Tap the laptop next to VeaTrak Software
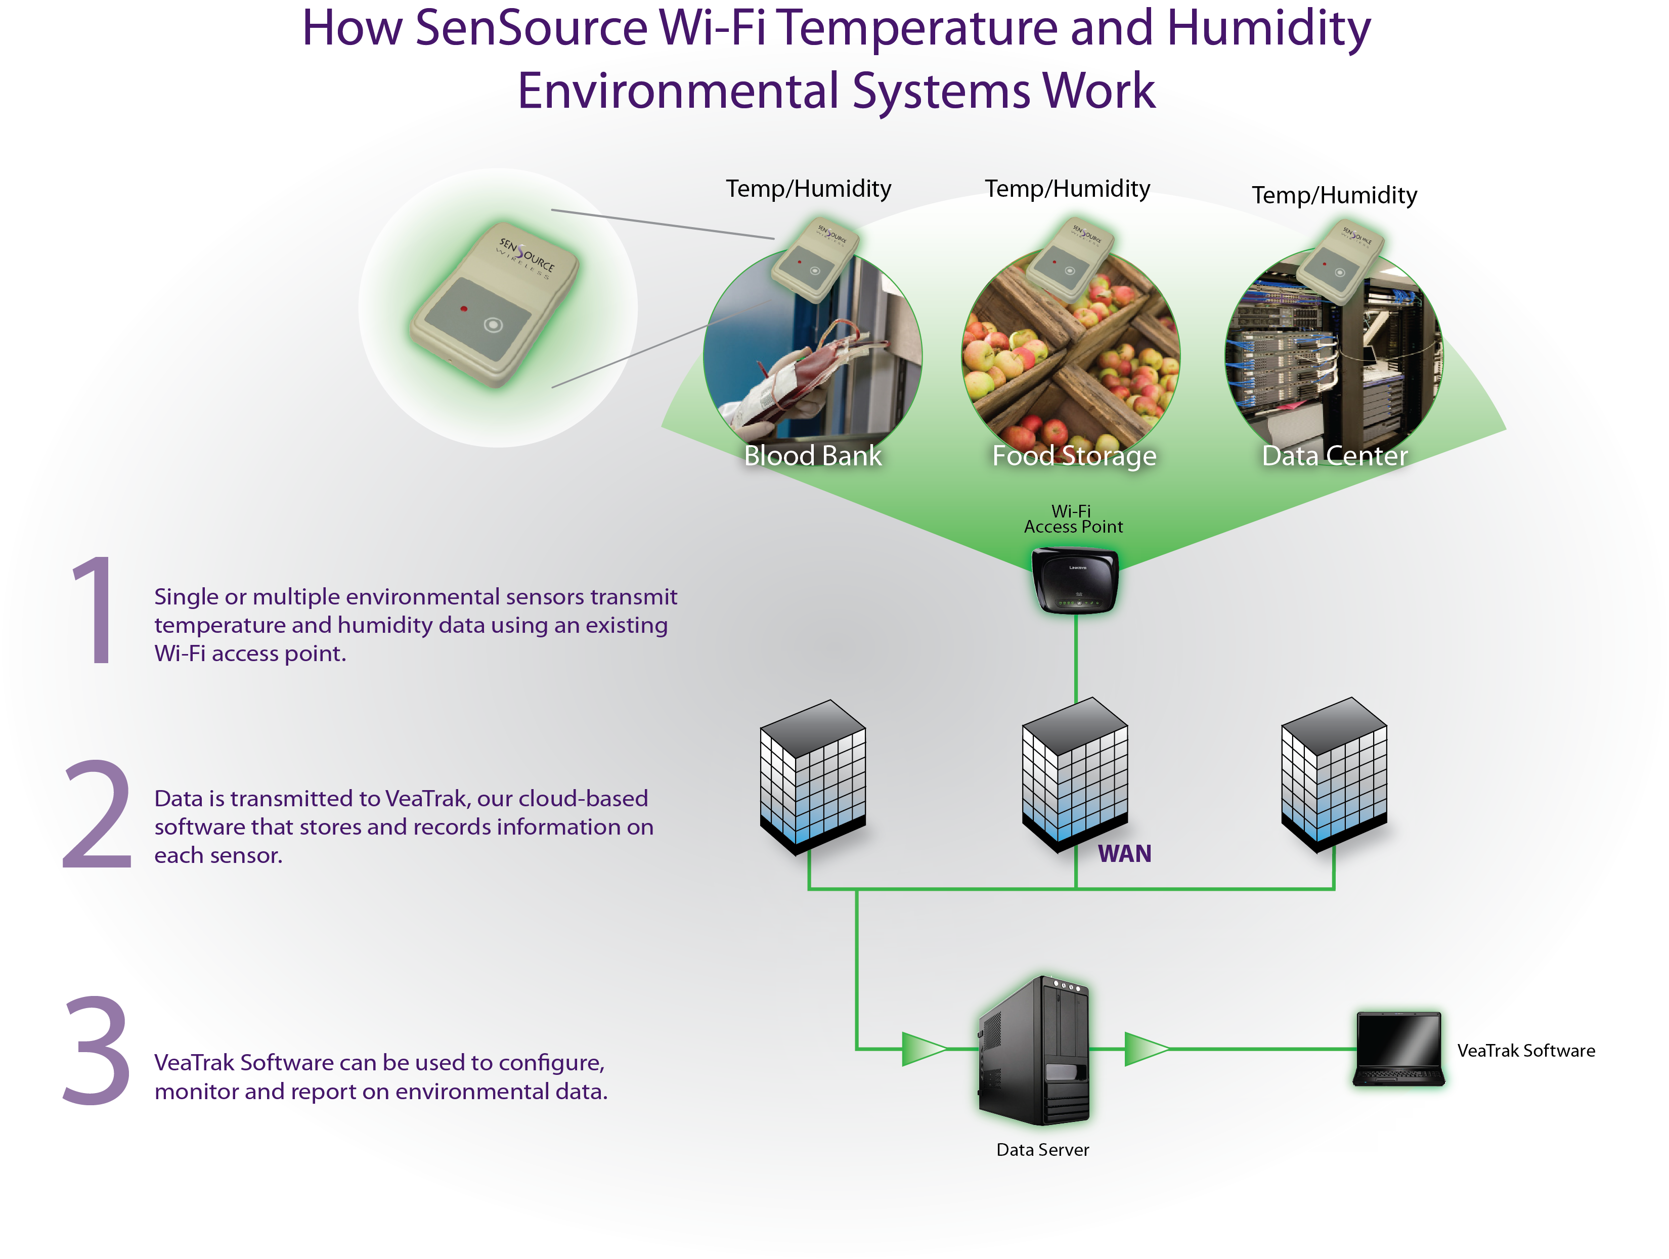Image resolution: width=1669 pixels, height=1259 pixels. pos(1398,1049)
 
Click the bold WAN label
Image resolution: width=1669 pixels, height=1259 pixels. pos(1124,854)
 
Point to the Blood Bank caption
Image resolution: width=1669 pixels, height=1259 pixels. pos(813,456)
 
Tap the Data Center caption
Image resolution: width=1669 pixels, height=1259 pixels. pos(1335,456)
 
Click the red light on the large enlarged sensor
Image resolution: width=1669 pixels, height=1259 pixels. pos(464,309)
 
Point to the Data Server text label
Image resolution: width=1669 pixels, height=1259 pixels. pos(1043,1150)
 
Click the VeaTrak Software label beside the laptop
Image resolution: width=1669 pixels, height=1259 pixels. pos(1526,1051)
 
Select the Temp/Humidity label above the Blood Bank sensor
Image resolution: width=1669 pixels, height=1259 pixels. pos(808,189)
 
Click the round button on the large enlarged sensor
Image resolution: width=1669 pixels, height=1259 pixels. pos(493,325)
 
